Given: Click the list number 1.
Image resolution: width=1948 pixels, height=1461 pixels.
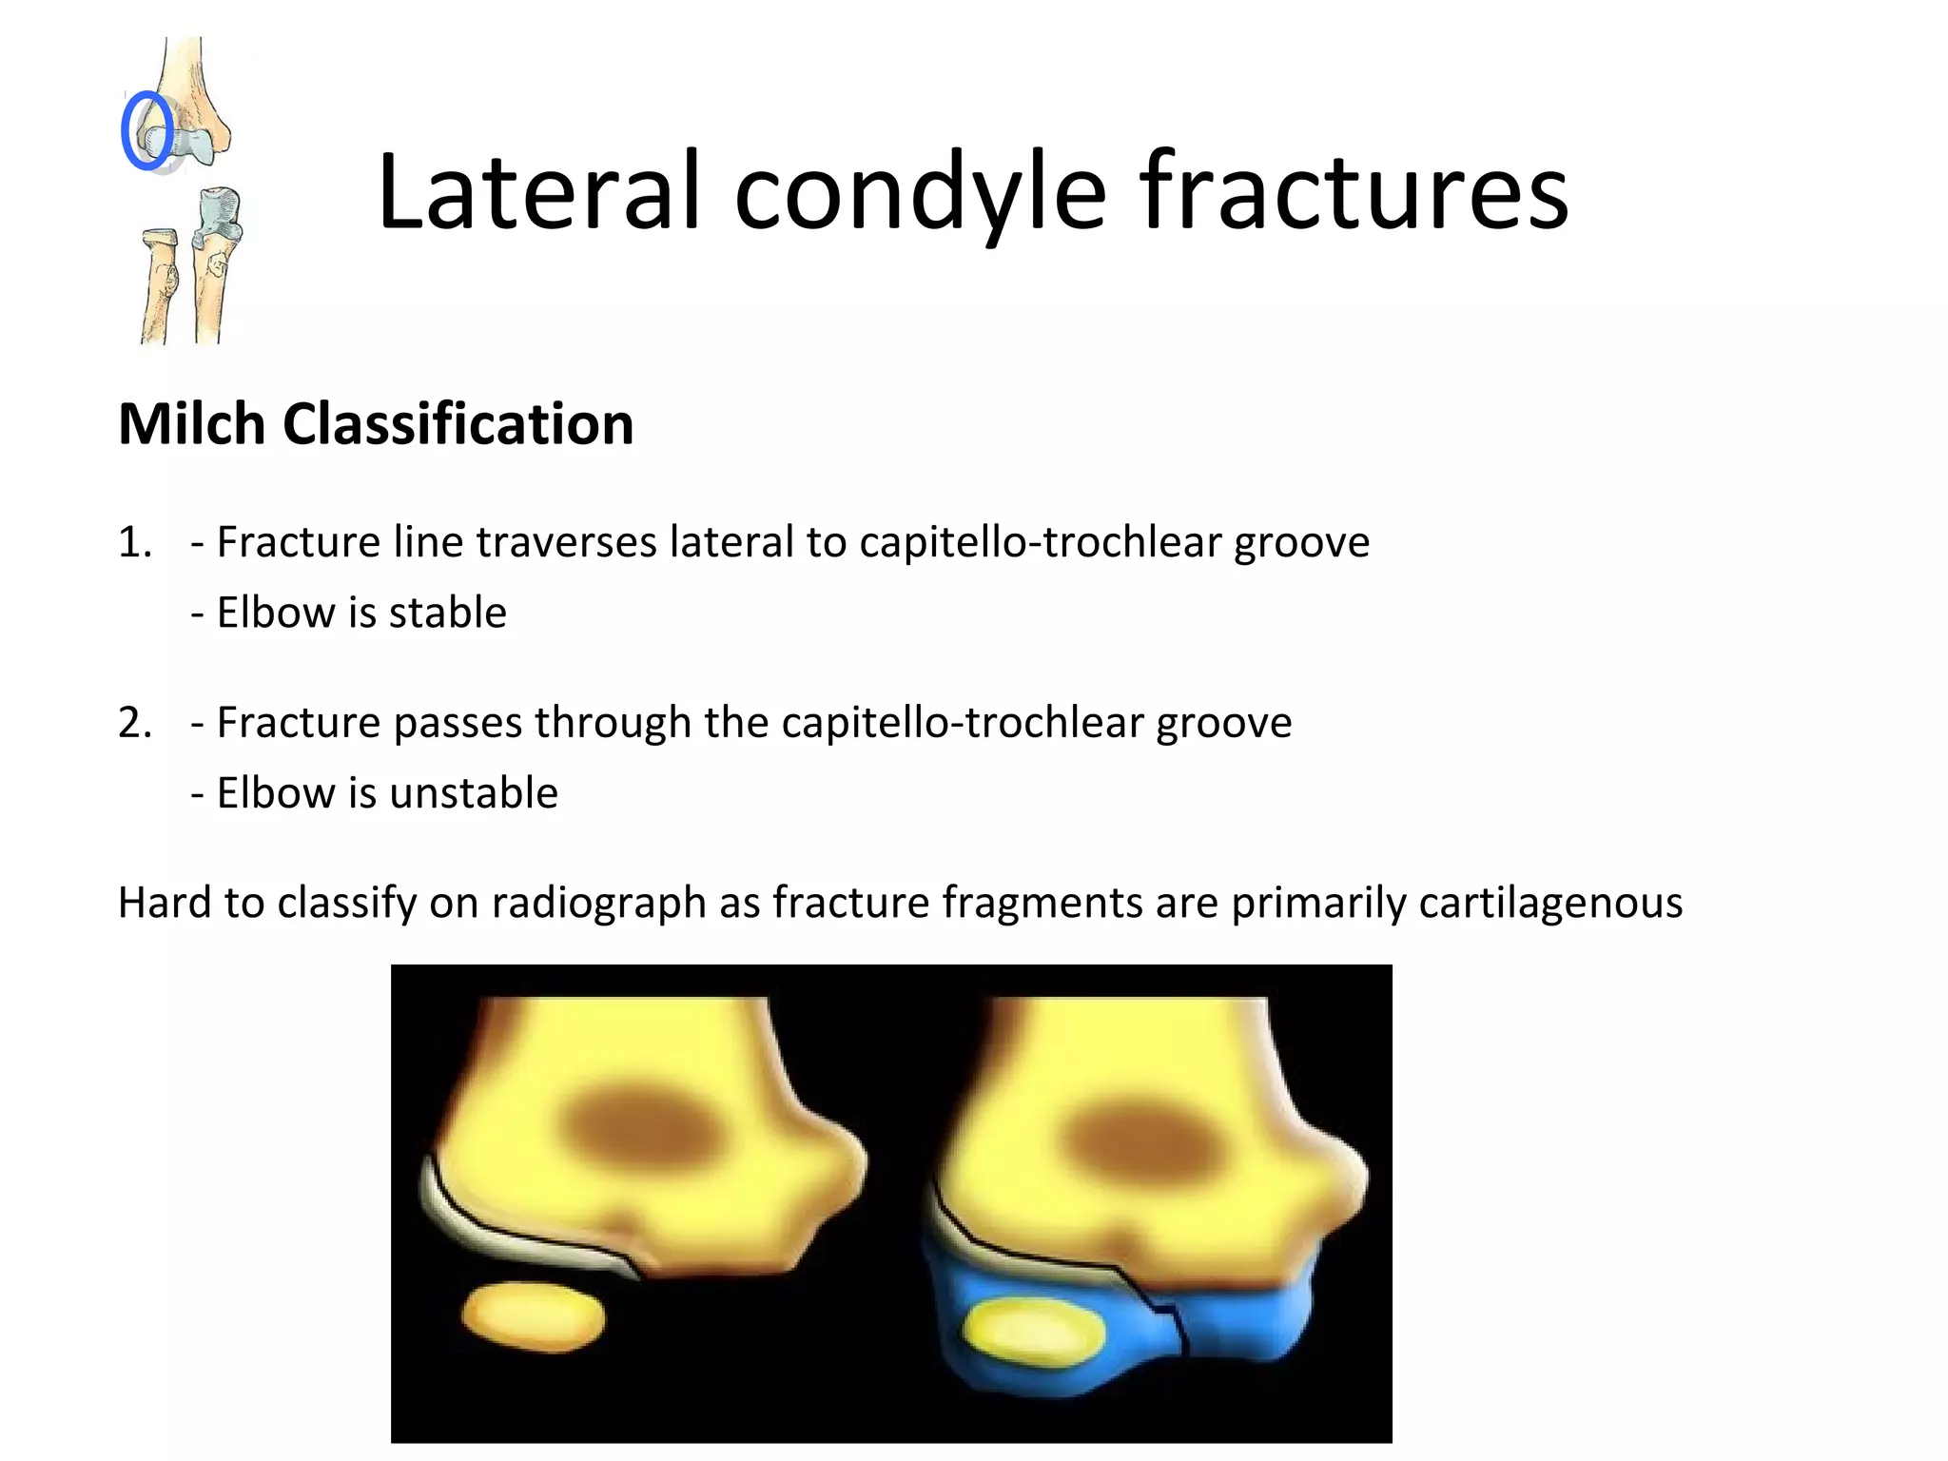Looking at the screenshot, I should click(x=134, y=542).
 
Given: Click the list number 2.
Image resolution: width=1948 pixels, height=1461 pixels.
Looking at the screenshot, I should click(x=134, y=723).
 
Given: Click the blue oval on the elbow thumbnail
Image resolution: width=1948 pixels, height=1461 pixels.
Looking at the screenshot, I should click(x=147, y=131).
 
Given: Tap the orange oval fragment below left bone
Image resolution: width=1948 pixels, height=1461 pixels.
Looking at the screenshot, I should click(x=533, y=1316).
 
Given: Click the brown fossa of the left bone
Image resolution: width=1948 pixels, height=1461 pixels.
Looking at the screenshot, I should click(x=638, y=1128).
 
